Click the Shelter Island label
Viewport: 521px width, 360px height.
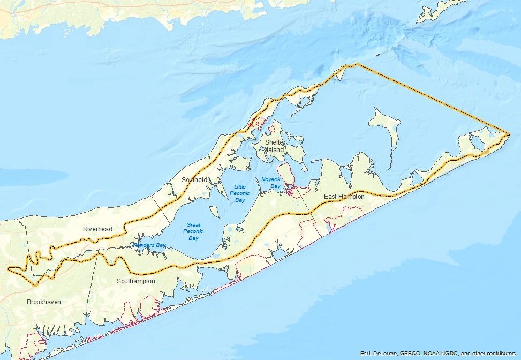coord(275,146)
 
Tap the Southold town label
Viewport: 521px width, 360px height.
coord(194,179)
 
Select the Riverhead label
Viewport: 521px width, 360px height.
coord(97,229)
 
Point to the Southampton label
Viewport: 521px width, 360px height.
coord(136,281)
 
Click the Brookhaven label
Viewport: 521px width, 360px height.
coord(44,302)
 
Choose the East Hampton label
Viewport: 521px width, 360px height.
coord(344,197)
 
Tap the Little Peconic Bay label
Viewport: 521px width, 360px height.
coord(240,193)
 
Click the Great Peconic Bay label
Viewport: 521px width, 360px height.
coord(193,231)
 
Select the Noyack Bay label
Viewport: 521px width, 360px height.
coord(270,183)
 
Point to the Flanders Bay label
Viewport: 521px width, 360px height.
coord(148,245)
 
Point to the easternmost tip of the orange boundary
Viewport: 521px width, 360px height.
coord(508,133)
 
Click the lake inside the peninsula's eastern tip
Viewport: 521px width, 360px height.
coord(473,141)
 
